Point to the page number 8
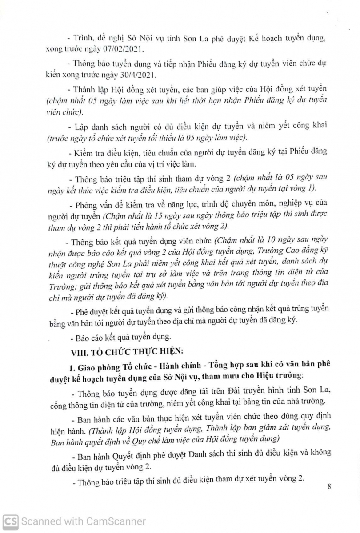click(329, 485)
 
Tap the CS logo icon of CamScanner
click(10, 521)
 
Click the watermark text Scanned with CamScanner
click(84, 521)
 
